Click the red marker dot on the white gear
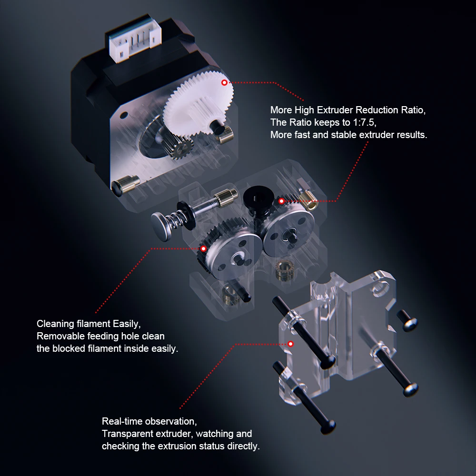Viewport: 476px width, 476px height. (x=224, y=82)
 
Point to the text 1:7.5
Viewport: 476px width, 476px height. (x=363, y=122)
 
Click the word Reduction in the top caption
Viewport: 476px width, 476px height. (x=377, y=110)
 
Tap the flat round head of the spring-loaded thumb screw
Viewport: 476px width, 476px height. (x=161, y=226)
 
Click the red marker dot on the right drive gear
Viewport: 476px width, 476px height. (x=281, y=201)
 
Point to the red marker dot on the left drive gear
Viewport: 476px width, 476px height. (x=203, y=248)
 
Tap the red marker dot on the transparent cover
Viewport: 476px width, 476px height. (x=290, y=344)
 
